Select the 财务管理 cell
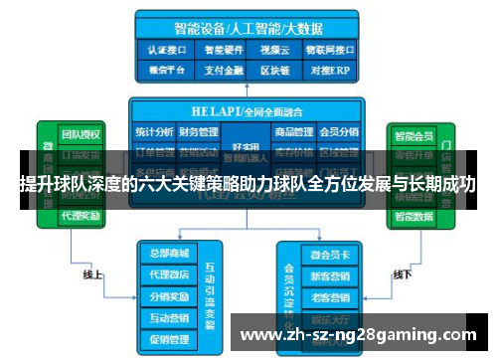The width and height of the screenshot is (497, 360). (199, 131)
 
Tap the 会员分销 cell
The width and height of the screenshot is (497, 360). (338, 131)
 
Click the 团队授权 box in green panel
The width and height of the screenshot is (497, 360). (81, 133)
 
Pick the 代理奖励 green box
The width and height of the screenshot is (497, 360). (81, 214)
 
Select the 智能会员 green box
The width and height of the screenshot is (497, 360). (413, 133)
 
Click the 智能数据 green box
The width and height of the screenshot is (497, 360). (413, 214)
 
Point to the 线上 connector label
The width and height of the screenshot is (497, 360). (93, 273)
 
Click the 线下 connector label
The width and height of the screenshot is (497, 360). (403, 273)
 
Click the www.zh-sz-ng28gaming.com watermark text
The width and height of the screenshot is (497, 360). (359, 333)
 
